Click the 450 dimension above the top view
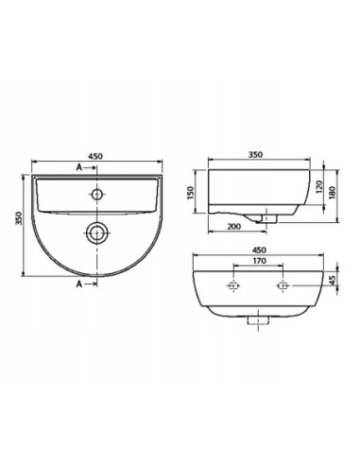(x=95, y=156)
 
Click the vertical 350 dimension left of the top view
(x=19, y=218)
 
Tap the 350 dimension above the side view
(x=255, y=155)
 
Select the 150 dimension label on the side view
(x=190, y=193)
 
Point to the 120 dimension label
(x=318, y=187)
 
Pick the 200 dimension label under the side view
(x=234, y=227)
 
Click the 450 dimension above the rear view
(x=259, y=250)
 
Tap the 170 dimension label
(x=259, y=261)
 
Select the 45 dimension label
(x=331, y=280)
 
